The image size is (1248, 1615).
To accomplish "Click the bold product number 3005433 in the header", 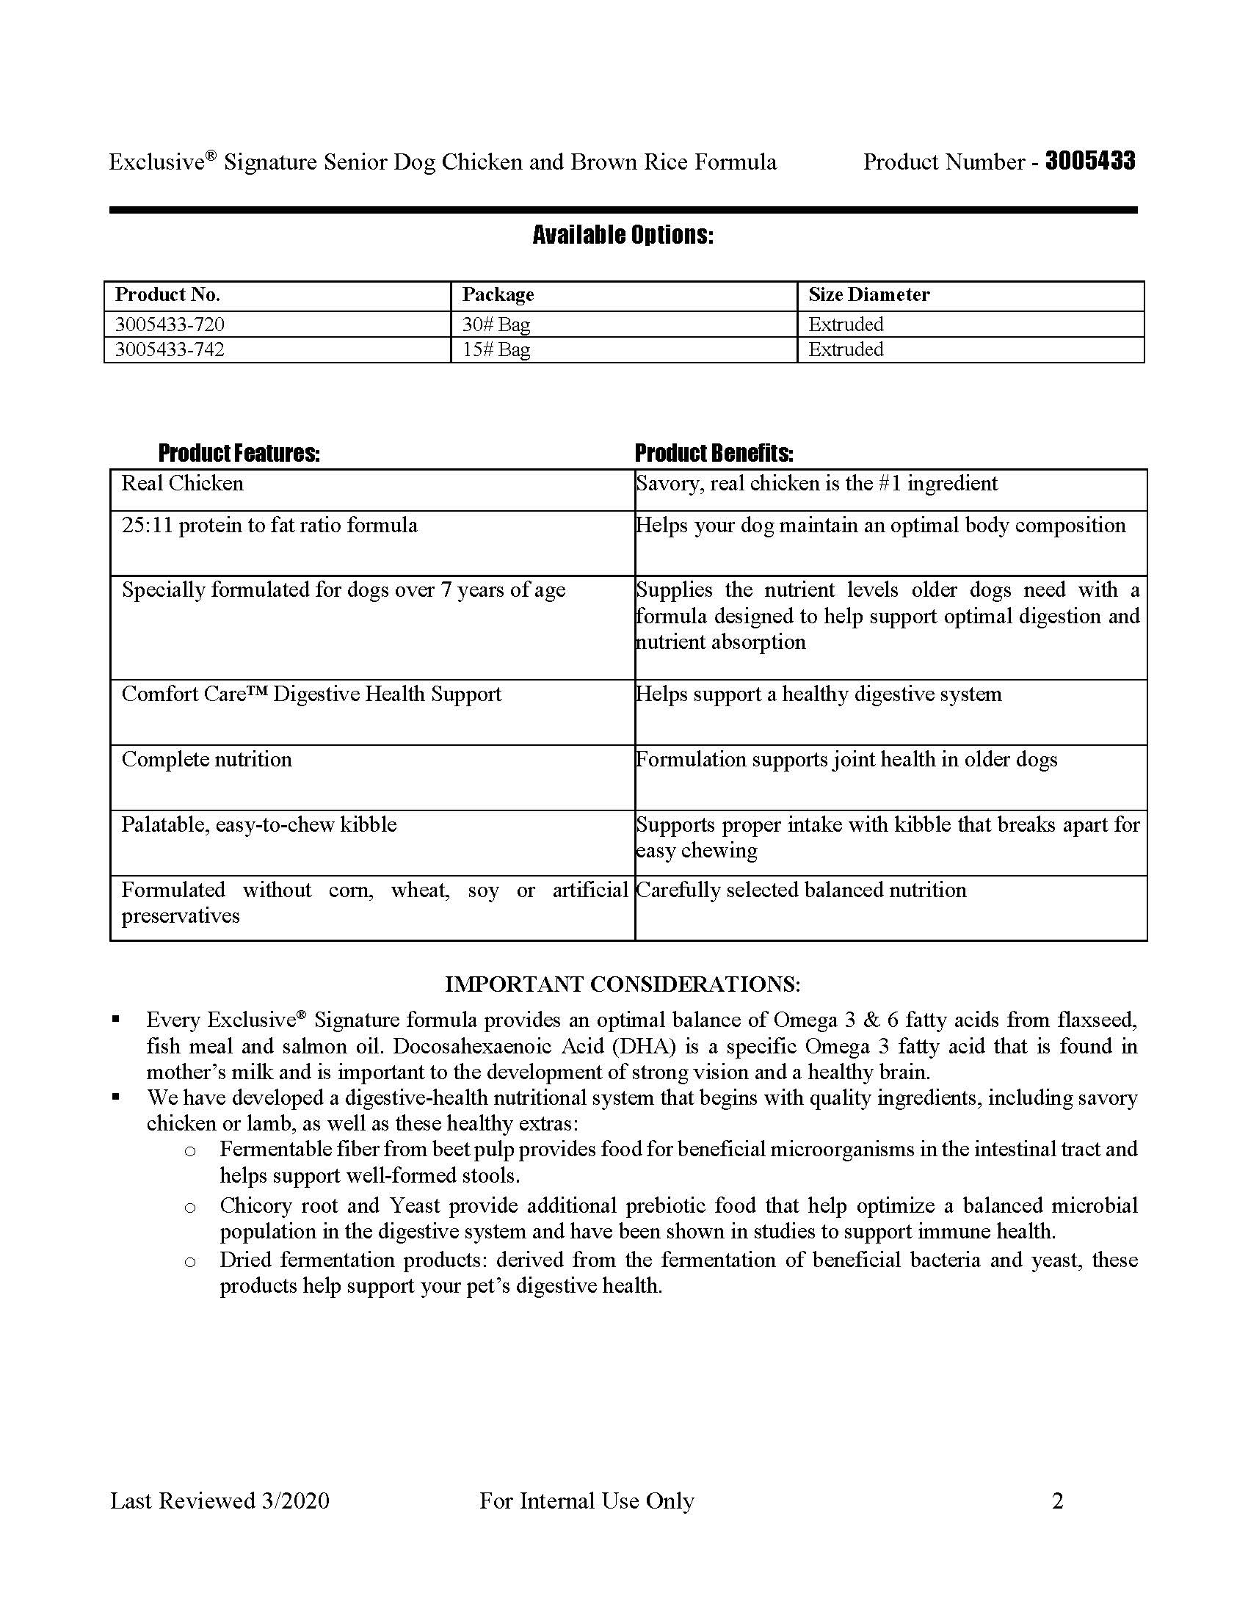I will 1089,161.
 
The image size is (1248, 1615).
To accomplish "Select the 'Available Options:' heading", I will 623,235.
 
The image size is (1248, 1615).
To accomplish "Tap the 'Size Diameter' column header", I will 868,295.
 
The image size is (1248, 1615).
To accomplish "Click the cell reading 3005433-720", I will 170,324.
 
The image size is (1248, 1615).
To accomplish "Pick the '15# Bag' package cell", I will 496,349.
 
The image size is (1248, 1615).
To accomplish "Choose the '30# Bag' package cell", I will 496,324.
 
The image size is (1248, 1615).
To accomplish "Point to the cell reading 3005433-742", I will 170,349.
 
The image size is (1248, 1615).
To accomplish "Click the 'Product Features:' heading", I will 239,452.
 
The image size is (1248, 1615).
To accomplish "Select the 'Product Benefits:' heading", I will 714,452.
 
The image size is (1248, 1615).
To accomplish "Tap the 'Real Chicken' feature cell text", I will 182,484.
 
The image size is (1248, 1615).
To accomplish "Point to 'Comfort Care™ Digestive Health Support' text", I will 311,694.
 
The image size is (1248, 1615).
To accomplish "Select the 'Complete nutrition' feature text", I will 206,760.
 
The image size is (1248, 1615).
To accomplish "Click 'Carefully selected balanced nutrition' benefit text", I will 801,890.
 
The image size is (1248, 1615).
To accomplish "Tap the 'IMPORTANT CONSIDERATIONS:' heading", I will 623,984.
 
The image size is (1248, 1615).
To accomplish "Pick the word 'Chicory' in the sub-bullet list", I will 253,1206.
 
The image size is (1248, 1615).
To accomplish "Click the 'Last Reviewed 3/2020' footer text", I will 220,1501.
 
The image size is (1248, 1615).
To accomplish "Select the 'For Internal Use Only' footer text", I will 587,1501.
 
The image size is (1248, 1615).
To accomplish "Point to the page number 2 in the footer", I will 1057,1501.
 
